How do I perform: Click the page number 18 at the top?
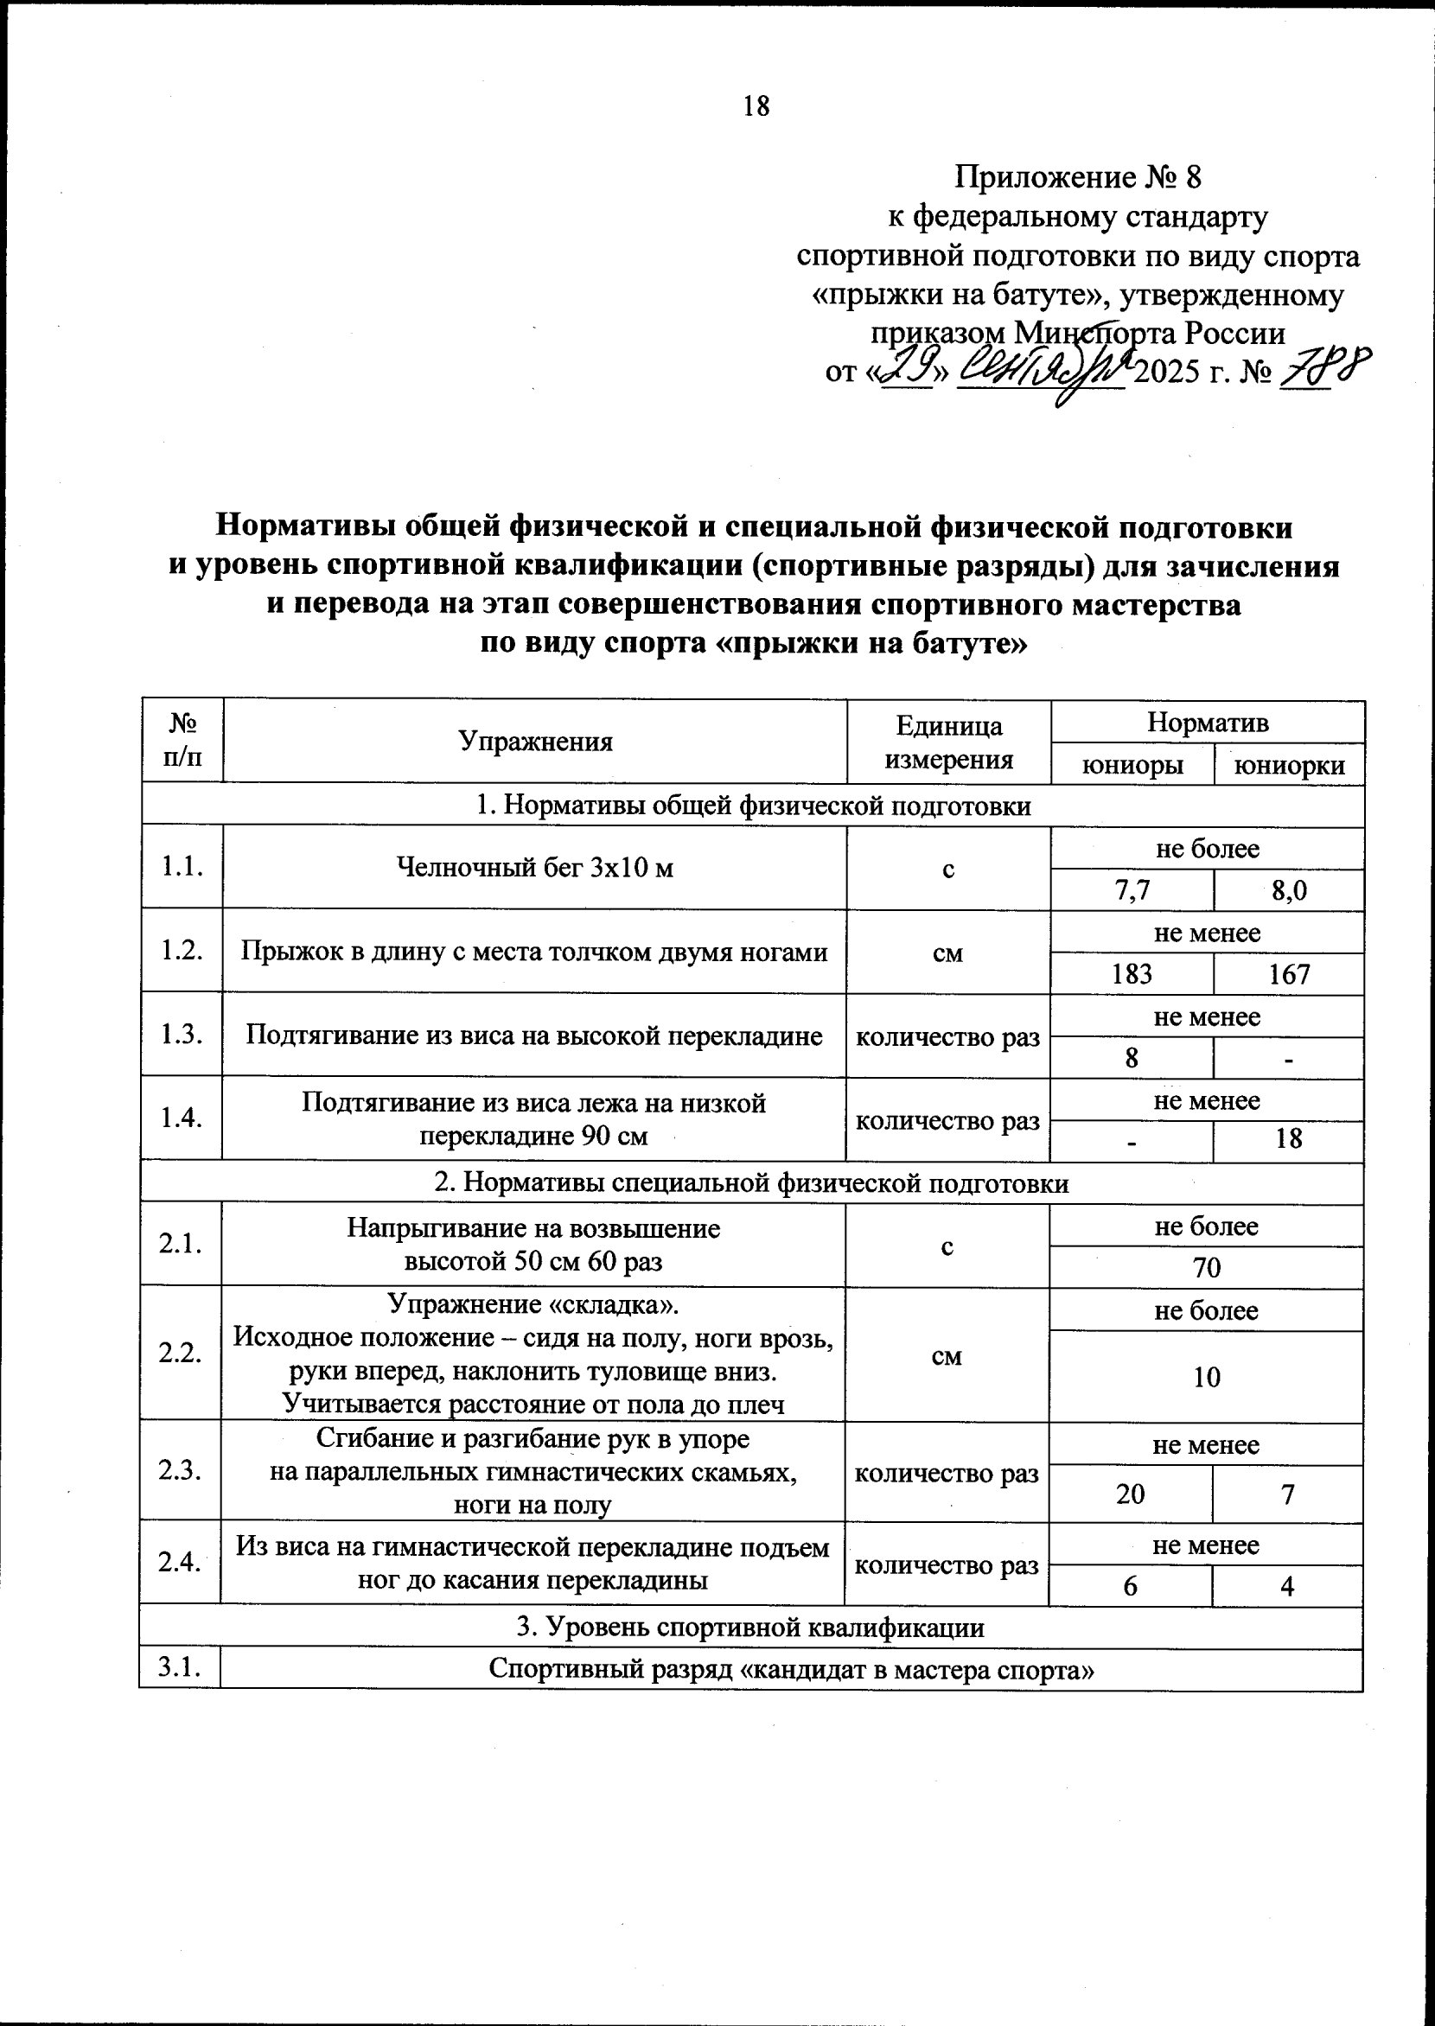[757, 107]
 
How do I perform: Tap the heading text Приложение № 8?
[1078, 177]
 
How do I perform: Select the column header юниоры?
[1132, 765]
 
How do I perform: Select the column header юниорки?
[1289, 765]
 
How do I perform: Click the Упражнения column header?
[535, 741]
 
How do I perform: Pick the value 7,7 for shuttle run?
[1132, 890]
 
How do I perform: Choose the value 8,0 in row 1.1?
[1289, 890]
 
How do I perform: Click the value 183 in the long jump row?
[1132, 974]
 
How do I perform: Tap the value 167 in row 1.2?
[1289, 974]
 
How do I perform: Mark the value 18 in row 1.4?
[1289, 1139]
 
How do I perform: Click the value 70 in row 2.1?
[1207, 1268]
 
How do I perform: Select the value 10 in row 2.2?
[1207, 1377]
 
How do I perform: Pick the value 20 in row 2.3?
[1131, 1494]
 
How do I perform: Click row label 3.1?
[181, 1667]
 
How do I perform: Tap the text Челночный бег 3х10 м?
[535, 868]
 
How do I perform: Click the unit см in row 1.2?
[948, 952]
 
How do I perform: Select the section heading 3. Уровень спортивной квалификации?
[750, 1627]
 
